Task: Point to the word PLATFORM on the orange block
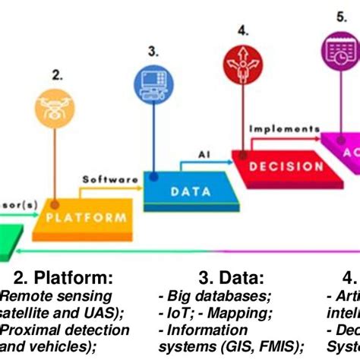(x=85, y=217)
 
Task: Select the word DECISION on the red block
(x=275, y=166)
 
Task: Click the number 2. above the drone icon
(x=57, y=74)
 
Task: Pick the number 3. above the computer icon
(x=153, y=51)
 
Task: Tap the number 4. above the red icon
(x=242, y=30)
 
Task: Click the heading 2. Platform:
(x=62, y=276)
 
